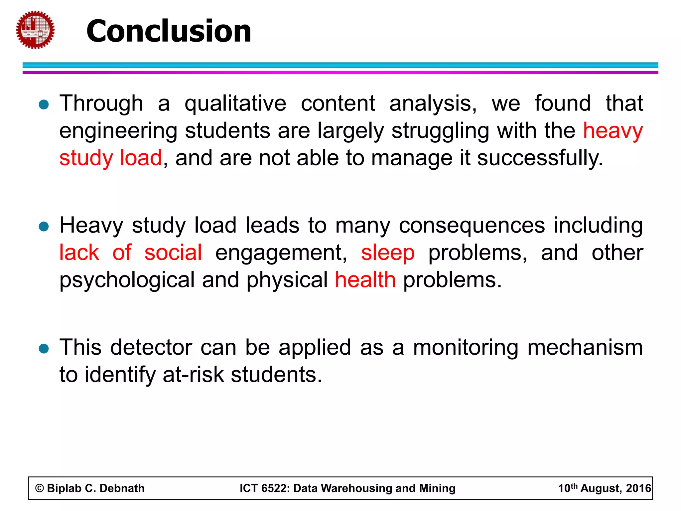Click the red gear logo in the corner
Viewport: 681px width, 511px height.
tap(35, 30)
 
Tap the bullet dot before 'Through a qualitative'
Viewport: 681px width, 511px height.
tap(44, 105)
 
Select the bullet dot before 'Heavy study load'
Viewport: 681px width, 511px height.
tap(44, 227)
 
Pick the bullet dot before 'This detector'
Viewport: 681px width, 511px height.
tap(44, 349)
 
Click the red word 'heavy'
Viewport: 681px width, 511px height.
tap(613, 131)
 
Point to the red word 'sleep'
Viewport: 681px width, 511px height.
tap(388, 253)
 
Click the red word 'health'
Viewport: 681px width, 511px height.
tap(365, 280)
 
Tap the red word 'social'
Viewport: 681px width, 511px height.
tap(173, 253)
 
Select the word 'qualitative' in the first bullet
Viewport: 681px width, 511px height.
tap(235, 104)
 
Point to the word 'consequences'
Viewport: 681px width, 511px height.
tap(472, 226)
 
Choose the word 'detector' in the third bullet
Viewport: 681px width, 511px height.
tap(151, 348)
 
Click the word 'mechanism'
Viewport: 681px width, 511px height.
tap(585, 348)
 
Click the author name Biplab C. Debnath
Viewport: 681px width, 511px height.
tap(96, 488)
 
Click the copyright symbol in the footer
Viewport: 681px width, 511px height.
tap(40, 488)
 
